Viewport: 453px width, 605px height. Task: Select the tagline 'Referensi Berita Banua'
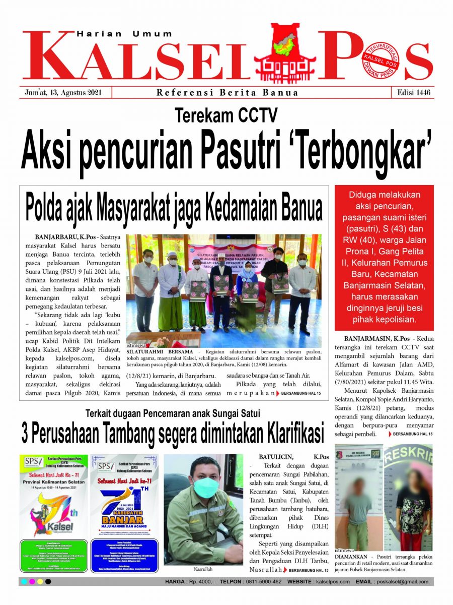click(x=227, y=92)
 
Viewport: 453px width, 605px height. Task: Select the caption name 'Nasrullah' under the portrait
click(x=203, y=569)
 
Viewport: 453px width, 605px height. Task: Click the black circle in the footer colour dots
click(x=48, y=581)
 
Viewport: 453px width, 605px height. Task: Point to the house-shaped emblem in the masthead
click(x=285, y=53)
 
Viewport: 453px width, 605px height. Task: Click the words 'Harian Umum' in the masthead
click(x=124, y=34)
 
